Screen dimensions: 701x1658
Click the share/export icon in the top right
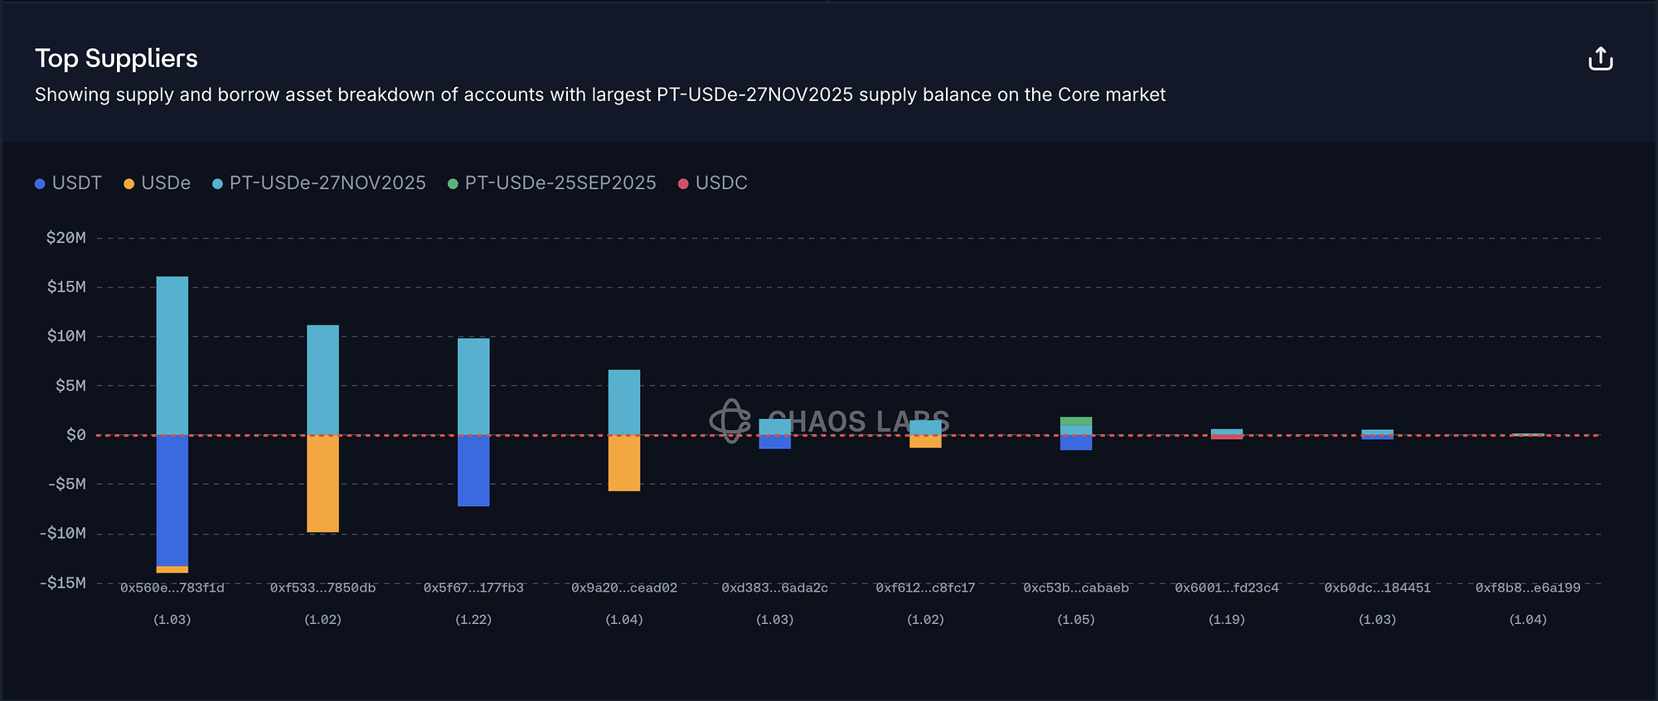click(1600, 59)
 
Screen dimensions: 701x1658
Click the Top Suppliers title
click(116, 58)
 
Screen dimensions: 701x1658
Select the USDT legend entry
click(69, 183)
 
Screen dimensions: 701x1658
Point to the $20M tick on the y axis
click(66, 238)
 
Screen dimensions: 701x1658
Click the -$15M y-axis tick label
click(63, 583)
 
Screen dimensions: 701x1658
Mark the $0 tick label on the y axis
click(75, 435)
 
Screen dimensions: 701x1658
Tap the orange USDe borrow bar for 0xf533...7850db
click(322, 483)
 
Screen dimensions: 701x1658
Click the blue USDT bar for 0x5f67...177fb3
click(473, 470)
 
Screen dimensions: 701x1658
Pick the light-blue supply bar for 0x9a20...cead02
click(624, 402)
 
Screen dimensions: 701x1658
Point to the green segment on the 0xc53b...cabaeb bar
click(1076, 421)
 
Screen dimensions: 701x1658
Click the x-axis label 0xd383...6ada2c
click(774, 587)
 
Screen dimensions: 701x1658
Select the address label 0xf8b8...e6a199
click(1528, 587)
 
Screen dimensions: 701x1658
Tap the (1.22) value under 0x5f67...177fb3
click(473, 619)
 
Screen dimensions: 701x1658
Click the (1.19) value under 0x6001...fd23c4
click(1227, 619)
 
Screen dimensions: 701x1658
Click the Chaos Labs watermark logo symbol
click(730, 421)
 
